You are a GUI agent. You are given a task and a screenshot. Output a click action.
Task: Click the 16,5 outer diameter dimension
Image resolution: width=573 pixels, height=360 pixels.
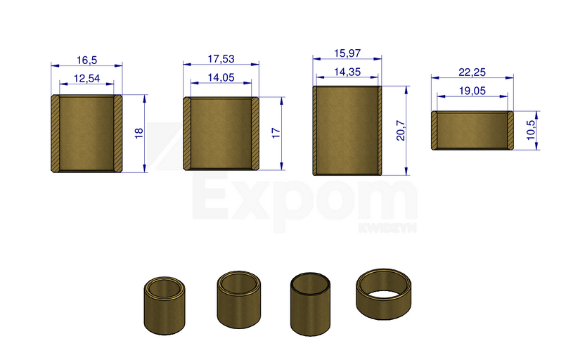pos(86,60)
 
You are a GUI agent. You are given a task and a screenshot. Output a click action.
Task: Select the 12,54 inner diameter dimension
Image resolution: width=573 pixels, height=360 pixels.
pos(86,78)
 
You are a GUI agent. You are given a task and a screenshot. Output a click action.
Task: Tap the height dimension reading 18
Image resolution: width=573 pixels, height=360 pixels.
pos(139,133)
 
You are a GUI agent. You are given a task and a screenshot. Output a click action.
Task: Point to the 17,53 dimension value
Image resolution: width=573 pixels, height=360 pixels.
pos(221,59)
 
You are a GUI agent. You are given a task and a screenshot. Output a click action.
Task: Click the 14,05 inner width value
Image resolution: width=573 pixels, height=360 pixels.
pos(221,77)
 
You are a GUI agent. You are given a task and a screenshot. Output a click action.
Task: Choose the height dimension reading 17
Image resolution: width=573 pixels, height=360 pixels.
pos(276,133)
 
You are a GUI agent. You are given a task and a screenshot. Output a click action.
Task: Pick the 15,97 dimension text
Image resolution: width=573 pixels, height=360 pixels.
pos(347,53)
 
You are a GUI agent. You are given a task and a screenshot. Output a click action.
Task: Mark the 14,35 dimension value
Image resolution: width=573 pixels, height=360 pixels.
pos(347,72)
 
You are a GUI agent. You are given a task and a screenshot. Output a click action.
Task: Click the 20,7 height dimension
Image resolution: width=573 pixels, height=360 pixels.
pos(401,131)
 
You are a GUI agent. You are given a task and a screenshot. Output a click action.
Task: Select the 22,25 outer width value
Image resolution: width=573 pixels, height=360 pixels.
pos(472,72)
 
